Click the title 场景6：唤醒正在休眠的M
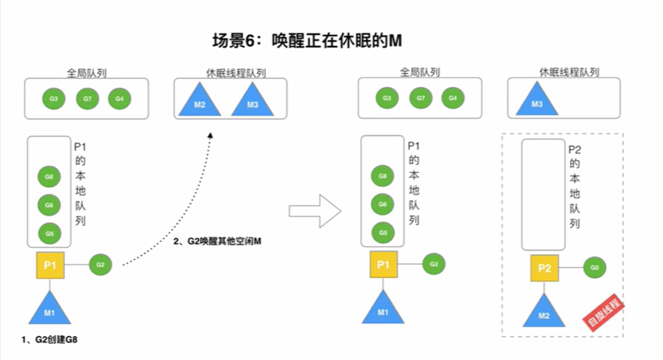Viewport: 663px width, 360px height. click(307, 40)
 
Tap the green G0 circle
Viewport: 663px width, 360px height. click(595, 268)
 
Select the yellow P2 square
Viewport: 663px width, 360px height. click(544, 268)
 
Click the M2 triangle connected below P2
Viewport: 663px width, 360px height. click(544, 311)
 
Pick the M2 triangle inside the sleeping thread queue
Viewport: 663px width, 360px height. click(199, 102)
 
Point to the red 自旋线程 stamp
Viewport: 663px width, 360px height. click(603, 313)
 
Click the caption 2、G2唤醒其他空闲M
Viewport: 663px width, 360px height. click(217, 241)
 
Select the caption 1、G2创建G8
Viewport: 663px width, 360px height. click(50, 340)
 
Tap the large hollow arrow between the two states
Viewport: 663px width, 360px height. click(315, 211)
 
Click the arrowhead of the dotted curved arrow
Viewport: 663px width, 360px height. click(210, 135)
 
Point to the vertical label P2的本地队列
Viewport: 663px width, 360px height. click(575, 186)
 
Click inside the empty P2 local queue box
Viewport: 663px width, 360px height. click(544, 195)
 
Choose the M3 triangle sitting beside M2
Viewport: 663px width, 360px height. click(253, 102)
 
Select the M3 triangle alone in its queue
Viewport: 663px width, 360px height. click(537, 101)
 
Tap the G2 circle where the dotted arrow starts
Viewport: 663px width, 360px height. click(100, 265)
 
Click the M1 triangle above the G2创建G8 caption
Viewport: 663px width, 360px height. click(50, 309)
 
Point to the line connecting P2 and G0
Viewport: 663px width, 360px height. click(571, 268)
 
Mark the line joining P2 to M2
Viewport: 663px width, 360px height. click(544, 288)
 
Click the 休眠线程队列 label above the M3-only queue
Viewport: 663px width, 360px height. click(569, 72)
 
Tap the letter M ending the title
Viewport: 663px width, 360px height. click(395, 40)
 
